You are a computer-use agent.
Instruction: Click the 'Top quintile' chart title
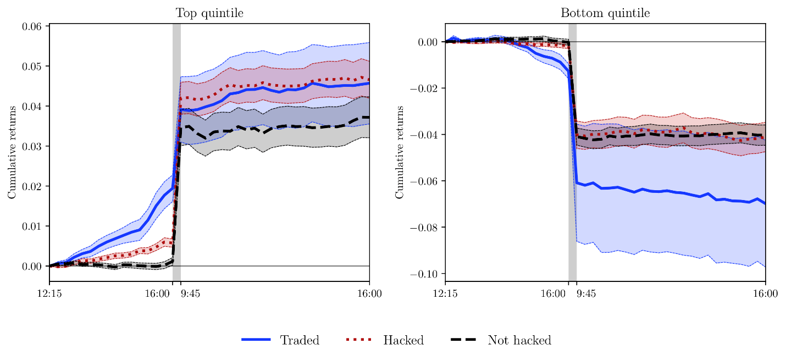(209, 13)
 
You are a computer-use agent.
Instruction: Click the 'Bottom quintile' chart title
(605, 13)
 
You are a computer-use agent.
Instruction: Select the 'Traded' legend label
(300, 340)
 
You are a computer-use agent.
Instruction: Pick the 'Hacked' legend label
(403, 340)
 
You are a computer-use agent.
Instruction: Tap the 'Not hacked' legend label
(519, 340)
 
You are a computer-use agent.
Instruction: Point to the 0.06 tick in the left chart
(33, 26)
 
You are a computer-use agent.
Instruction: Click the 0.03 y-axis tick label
(33, 146)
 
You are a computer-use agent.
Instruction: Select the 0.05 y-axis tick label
(33, 67)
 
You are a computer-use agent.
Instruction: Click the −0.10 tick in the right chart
(425, 274)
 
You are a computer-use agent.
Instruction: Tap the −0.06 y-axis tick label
(425, 181)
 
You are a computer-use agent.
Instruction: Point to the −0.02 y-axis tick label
(425, 88)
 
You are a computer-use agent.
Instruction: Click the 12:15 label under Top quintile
(49, 294)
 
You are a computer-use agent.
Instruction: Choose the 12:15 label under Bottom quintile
(445, 294)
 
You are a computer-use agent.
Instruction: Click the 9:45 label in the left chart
(191, 294)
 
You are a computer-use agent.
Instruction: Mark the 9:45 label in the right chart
(586, 294)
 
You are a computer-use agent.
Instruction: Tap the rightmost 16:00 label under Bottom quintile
(765, 294)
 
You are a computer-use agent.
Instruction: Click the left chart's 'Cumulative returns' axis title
(12, 152)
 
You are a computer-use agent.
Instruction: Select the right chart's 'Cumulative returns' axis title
(400, 152)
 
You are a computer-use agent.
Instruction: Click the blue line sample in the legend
(256, 340)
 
